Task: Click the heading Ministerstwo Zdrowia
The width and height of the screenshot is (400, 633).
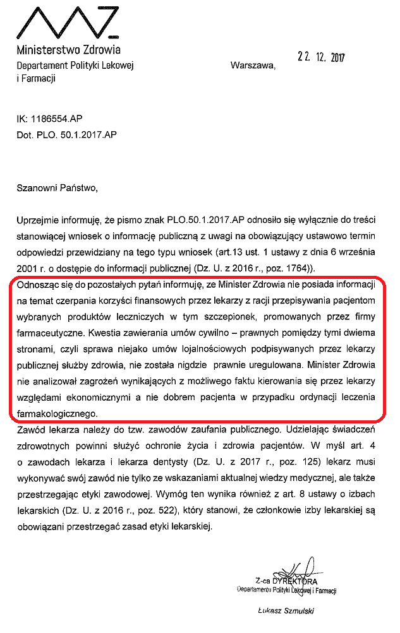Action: click(x=68, y=49)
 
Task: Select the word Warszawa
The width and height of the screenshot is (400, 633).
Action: click(x=253, y=65)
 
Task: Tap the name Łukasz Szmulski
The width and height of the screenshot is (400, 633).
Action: click(x=286, y=610)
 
